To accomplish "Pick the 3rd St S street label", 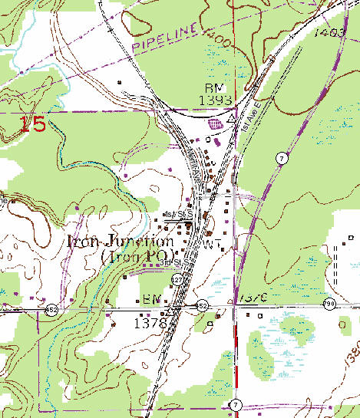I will [x=176, y=263].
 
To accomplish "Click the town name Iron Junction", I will [x=121, y=240].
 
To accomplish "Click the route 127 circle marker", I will [x=178, y=278].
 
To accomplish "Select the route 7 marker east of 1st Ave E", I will [x=283, y=157].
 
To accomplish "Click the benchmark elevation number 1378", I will [x=150, y=324].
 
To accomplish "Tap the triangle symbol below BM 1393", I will [x=231, y=119].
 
